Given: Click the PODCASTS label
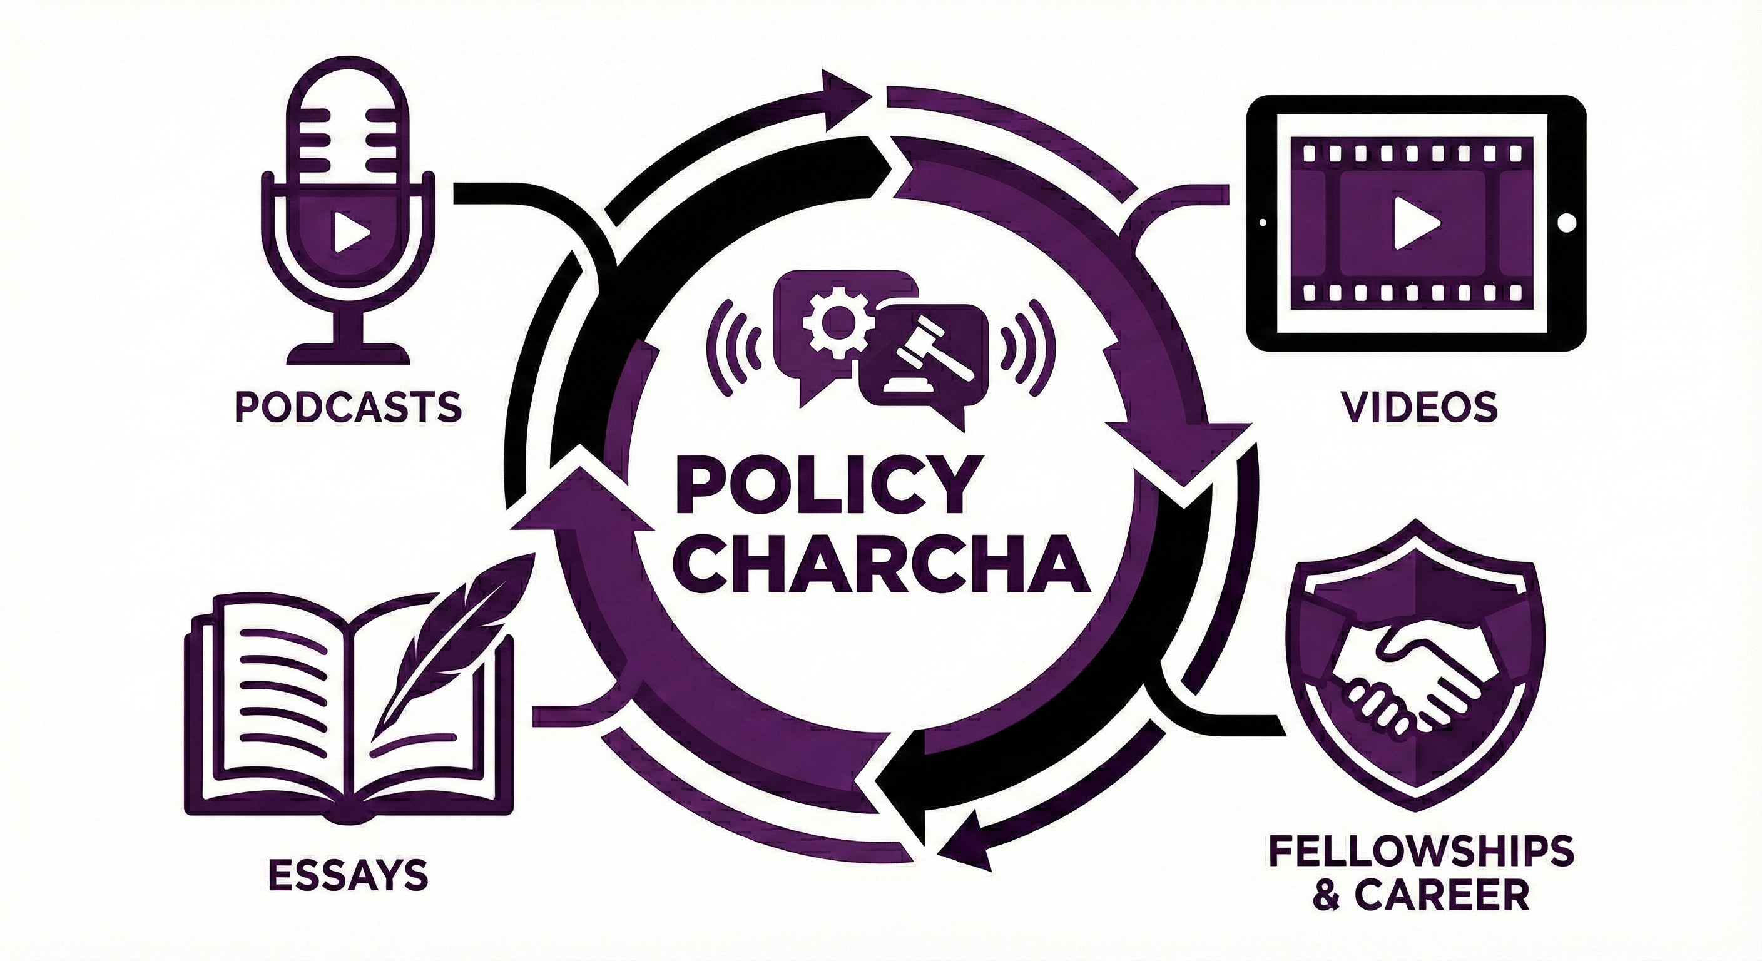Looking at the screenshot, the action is [x=347, y=407].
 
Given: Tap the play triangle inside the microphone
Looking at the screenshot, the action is [x=350, y=233].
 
